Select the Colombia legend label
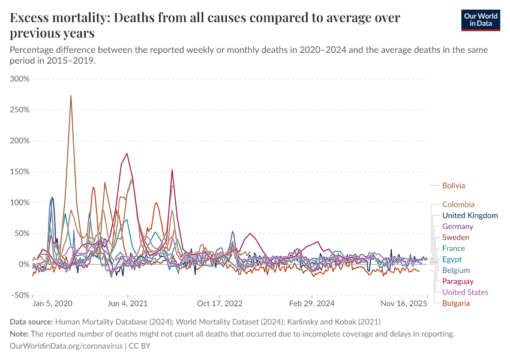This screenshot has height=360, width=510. tap(458, 205)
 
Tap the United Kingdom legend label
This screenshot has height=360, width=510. tap(469, 215)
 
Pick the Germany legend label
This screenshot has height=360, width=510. tap(457, 227)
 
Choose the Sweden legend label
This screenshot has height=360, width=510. tap(455, 238)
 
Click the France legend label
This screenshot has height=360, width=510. tap(454, 248)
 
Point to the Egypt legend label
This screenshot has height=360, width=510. tap(452, 259)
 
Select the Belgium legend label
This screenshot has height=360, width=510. tap(455, 271)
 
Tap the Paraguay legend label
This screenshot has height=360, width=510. tap(457, 281)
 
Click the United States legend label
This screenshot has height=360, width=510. tap(465, 292)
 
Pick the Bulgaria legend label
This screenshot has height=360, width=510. tap(455, 303)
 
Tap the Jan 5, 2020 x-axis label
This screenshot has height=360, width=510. tap(53, 304)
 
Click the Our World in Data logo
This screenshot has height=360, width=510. tap(480, 20)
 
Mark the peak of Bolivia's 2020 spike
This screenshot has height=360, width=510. tap(71, 95)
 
